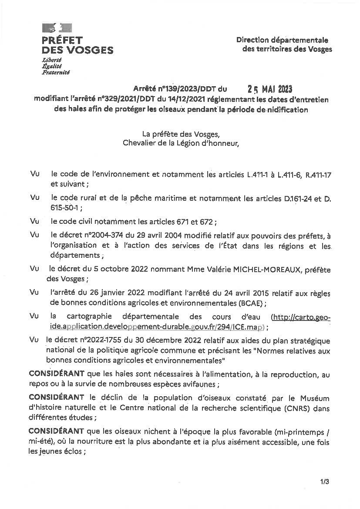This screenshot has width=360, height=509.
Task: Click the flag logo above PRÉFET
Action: click(57, 28)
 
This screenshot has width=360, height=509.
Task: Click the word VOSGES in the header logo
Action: click(89, 51)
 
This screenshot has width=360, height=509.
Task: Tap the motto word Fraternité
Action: click(55, 72)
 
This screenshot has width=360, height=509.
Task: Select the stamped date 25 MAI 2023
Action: click(269, 89)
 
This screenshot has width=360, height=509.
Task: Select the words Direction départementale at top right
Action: click(282, 40)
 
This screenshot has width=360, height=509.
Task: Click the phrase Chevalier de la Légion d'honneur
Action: click(181, 143)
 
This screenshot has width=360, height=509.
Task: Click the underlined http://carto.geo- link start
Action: click(301, 317)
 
